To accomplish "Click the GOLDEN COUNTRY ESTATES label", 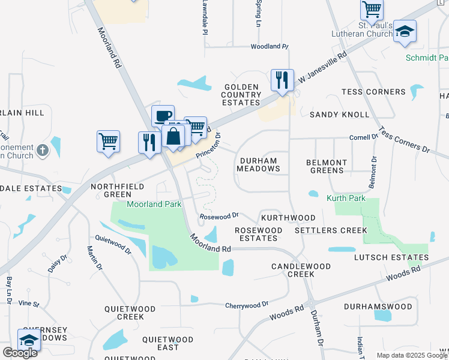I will [x=243, y=95].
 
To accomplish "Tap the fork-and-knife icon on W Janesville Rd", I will [x=281, y=80].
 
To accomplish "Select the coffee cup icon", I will [x=162, y=116].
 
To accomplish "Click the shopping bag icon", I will [x=173, y=135].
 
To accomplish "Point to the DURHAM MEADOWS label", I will [x=259, y=165].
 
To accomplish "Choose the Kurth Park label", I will [x=346, y=198].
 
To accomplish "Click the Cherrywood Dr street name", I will [x=246, y=305].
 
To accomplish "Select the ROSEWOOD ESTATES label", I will [x=258, y=234].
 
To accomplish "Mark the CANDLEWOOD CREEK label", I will [x=293, y=270].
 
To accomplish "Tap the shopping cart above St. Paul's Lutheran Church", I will [x=372, y=10].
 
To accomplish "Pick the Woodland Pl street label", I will [x=270, y=46].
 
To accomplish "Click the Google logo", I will [x=20, y=352].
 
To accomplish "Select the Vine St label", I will [x=28, y=304].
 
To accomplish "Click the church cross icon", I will [x=42, y=149].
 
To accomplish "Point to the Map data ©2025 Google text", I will [x=412, y=355].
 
